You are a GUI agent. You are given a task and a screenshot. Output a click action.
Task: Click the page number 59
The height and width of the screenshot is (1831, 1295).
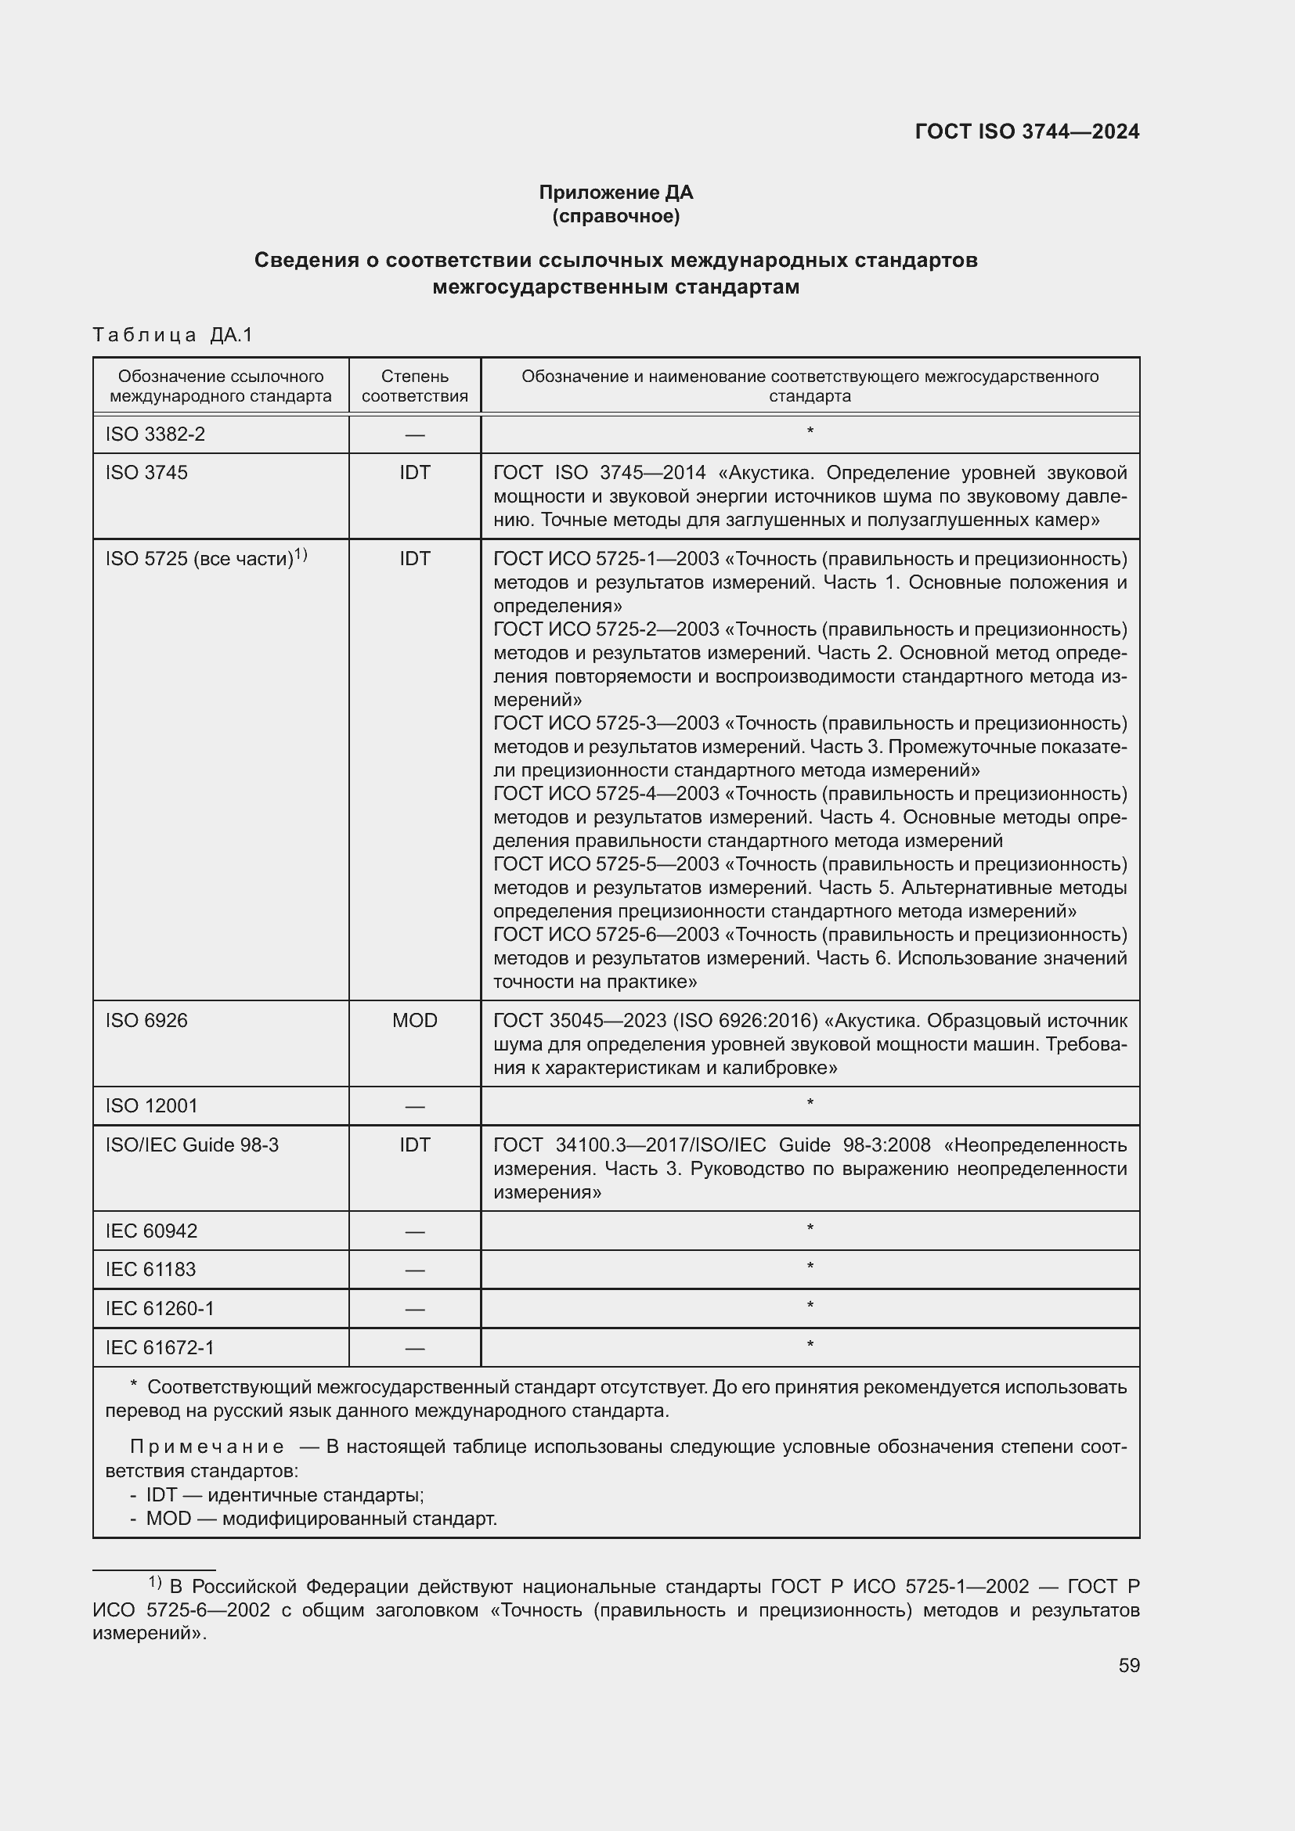click(1128, 1665)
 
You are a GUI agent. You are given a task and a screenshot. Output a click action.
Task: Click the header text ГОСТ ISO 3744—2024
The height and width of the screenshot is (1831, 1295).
click(1026, 132)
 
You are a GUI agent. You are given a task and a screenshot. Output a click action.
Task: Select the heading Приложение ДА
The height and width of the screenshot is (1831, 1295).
click(615, 193)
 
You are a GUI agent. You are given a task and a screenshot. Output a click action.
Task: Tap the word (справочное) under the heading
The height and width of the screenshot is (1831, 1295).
click(615, 216)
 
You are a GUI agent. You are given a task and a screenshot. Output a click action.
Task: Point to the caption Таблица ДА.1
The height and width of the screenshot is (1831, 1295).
click(172, 335)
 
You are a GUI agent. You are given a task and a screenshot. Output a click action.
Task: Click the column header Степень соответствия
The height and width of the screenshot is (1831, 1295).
click(415, 386)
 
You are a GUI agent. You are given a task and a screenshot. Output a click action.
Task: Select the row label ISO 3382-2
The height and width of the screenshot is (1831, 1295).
click(155, 434)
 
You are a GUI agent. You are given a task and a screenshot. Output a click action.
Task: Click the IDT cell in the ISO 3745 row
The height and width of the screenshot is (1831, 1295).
click(415, 473)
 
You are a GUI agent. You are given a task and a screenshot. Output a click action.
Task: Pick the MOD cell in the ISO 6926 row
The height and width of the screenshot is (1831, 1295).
click(415, 1021)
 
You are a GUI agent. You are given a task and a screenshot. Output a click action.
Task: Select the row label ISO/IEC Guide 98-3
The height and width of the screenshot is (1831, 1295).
click(191, 1145)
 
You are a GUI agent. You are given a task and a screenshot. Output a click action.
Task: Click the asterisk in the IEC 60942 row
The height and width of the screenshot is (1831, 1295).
click(810, 1229)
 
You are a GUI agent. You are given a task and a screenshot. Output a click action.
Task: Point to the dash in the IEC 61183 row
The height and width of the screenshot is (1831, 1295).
click(415, 1271)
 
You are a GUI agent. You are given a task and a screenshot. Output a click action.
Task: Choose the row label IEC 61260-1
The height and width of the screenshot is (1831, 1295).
click(160, 1309)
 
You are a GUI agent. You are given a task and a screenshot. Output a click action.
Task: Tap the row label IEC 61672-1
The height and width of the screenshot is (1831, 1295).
click(160, 1348)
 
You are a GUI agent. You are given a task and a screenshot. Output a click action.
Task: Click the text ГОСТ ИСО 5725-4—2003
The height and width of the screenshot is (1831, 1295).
click(606, 795)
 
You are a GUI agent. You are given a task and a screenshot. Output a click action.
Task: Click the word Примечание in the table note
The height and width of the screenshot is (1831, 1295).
click(207, 1447)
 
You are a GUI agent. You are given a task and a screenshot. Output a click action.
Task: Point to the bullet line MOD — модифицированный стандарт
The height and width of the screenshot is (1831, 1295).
click(320, 1519)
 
